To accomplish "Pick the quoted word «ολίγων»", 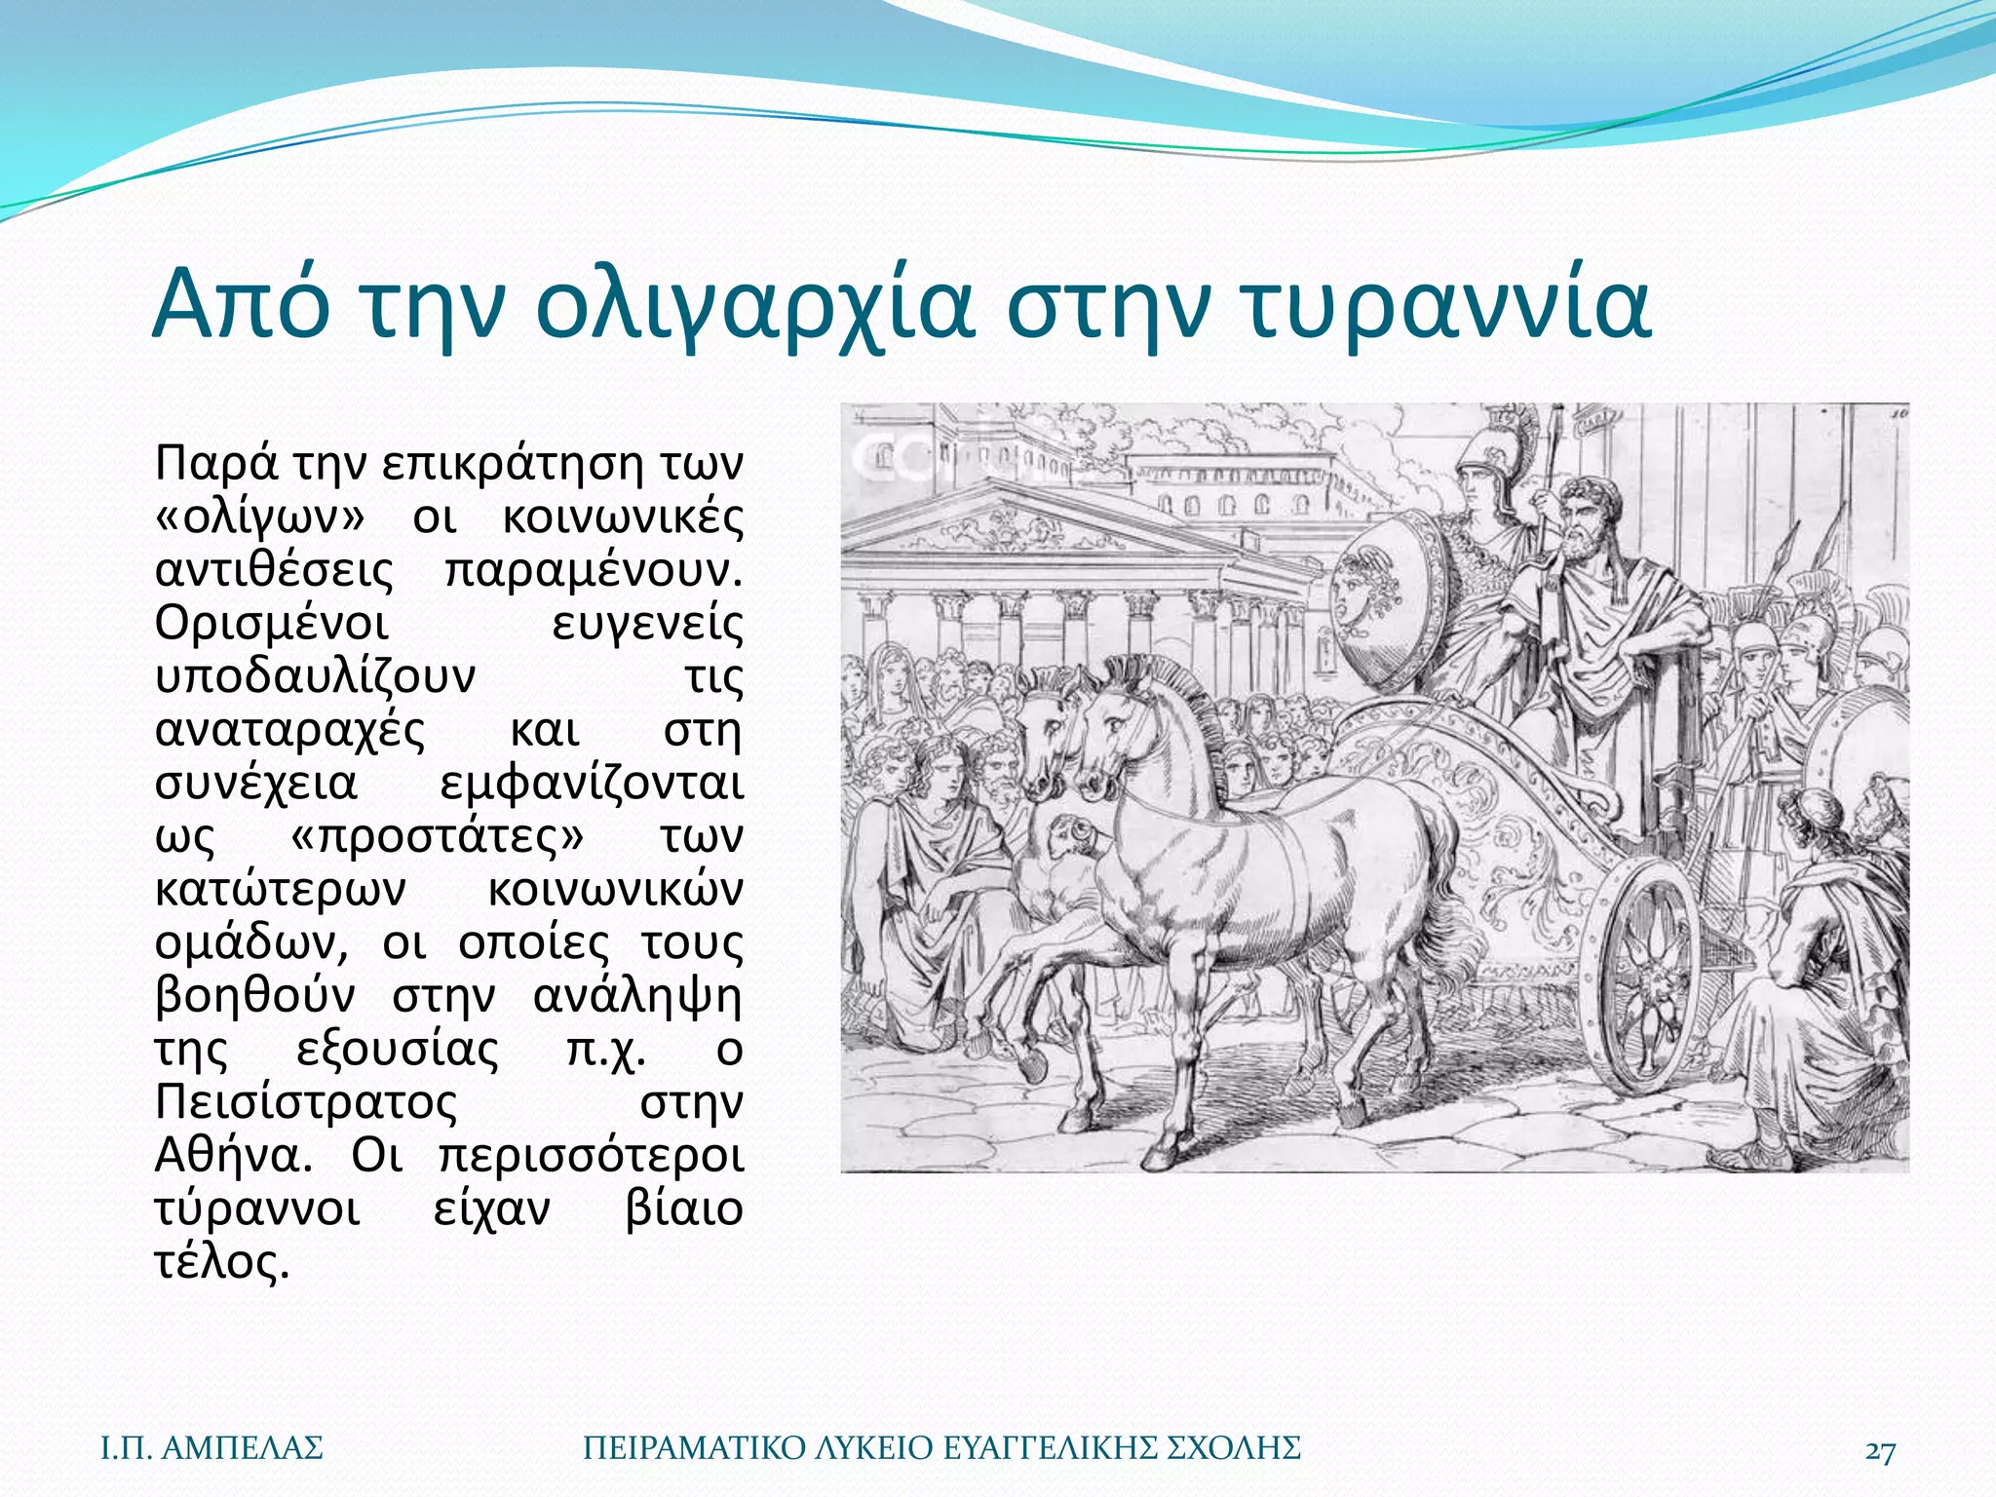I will (x=259, y=518).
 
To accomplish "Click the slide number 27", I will (x=1880, y=1450).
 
